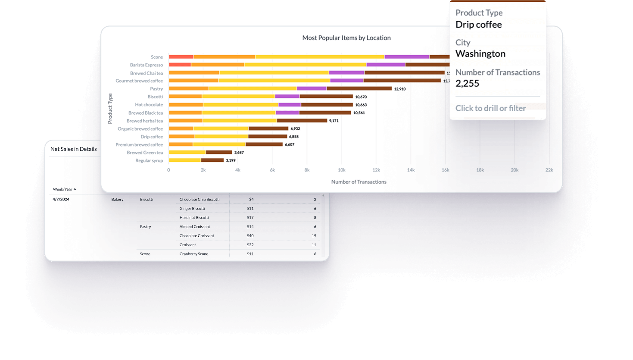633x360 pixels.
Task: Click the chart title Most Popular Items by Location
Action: point(346,38)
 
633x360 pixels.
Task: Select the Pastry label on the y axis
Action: point(156,89)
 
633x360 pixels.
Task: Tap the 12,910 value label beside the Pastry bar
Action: point(400,89)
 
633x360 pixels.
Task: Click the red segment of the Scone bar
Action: point(181,57)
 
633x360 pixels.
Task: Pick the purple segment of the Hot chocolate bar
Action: point(290,105)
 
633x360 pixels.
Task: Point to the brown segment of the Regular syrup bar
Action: point(212,160)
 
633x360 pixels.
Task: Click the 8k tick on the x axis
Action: point(307,170)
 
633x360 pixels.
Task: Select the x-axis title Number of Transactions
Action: point(359,182)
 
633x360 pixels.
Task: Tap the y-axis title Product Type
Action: point(110,109)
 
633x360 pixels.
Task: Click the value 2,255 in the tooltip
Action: point(467,84)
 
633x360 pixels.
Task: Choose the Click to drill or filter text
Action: point(490,108)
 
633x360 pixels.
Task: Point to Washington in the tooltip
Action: point(480,54)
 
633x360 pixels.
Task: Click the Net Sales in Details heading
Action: point(73,149)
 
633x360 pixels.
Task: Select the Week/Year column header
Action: point(62,189)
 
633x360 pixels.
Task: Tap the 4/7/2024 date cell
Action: point(61,200)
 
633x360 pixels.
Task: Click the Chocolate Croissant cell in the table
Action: point(196,236)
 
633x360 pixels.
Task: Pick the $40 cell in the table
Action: point(250,236)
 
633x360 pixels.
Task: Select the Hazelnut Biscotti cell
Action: point(194,218)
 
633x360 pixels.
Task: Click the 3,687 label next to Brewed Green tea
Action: point(239,153)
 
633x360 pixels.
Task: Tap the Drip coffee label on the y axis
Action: point(152,137)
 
